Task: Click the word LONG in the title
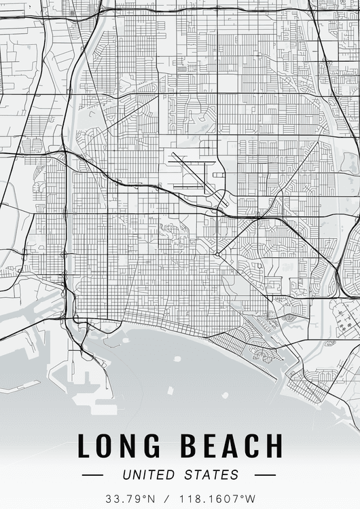coord(120,446)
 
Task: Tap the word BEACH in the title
coord(230,446)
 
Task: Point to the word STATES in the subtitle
coord(211,475)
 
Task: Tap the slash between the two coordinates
coord(167,499)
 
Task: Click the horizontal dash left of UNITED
coord(92,475)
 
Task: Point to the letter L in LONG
coord(84,446)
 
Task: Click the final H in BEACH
coord(273,446)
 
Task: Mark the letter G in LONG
coord(155,446)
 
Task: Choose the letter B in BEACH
coord(188,446)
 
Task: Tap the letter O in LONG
coord(107,446)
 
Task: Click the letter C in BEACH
coord(251,446)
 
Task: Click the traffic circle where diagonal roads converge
coord(217,254)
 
